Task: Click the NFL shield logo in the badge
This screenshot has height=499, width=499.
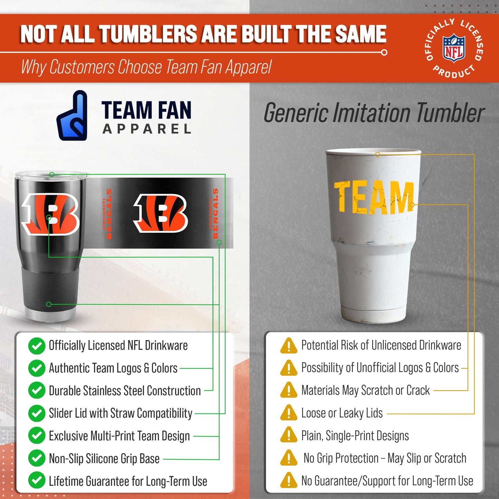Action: pyautogui.click(x=454, y=48)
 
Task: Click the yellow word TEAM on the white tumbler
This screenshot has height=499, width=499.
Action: pyautogui.click(x=374, y=197)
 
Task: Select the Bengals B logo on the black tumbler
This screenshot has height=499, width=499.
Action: pyautogui.click(x=51, y=214)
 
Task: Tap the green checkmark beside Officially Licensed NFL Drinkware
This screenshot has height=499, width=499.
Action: pyautogui.click(x=37, y=346)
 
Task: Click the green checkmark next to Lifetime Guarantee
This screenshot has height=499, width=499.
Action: pyautogui.click(x=37, y=481)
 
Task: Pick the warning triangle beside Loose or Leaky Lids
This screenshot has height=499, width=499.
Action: pyautogui.click(x=289, y=413)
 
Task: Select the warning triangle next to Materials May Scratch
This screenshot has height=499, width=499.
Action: pyautogui.click(x=289, y=391)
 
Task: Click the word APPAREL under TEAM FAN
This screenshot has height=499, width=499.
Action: pyautogui.click(x=147, y=129)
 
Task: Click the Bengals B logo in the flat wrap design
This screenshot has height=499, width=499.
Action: pyautogui.click(x=161, y=213)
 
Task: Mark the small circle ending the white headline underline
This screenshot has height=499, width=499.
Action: pyautogui.click(x=384, y=52)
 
